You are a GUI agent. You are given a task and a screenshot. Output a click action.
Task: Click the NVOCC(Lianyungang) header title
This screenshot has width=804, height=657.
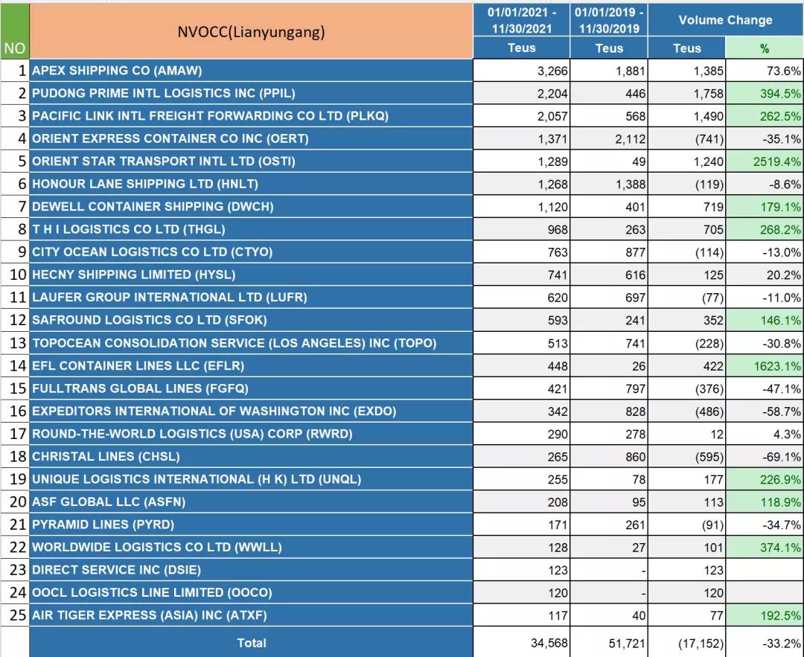251,32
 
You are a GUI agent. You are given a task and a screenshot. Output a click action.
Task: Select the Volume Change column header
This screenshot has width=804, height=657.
725,20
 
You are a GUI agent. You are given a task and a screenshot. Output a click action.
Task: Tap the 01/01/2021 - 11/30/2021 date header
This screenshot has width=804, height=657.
521,21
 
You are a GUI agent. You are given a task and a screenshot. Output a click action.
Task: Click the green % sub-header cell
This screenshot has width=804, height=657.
764,48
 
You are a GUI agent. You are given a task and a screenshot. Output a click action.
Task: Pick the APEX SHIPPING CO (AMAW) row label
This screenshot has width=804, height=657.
117,71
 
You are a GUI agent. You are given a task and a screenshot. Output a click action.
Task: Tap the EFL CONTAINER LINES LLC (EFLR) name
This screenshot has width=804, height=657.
138,366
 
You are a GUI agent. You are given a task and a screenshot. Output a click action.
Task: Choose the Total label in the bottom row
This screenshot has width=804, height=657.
251,643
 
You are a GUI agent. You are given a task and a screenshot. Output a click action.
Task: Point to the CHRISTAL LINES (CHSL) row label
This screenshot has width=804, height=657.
106,457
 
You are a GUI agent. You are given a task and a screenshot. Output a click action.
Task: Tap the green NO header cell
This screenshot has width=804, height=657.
14,48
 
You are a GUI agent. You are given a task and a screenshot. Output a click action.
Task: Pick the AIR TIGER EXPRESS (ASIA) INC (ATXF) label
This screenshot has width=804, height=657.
149,615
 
